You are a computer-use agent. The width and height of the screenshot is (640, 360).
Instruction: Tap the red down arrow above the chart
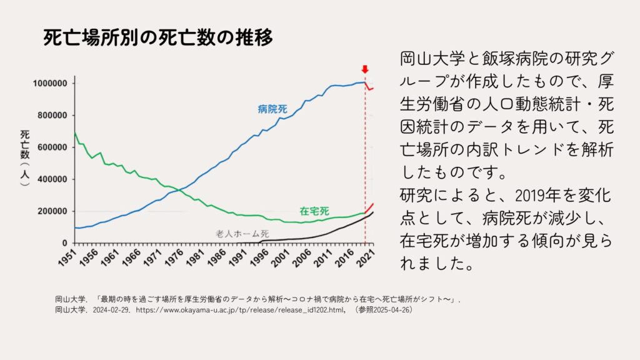365,69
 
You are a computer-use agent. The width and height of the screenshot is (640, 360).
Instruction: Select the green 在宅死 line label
314,211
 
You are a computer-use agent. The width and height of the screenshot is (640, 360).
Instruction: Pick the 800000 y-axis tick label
51,116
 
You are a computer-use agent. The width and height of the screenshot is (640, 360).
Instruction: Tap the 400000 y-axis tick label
51,179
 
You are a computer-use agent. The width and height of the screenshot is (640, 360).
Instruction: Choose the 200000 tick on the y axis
51,211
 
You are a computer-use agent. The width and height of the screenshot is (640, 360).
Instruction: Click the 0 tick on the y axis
65,243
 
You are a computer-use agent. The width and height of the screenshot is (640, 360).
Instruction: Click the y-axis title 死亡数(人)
25,159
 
